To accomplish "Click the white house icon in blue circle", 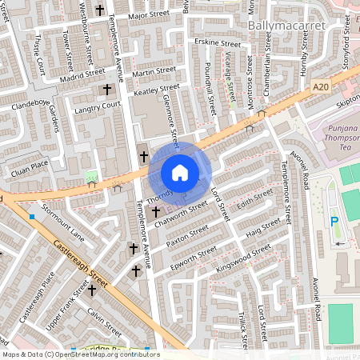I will click(x=180, y=172).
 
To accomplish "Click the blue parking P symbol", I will click(x=334, y=222).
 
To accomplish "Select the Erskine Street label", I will click(x=218, y=43).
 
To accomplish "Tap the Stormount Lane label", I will click(x=63, y=226).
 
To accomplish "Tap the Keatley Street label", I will click(x=158, y=91).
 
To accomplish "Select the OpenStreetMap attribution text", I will click(x=81, y=354).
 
